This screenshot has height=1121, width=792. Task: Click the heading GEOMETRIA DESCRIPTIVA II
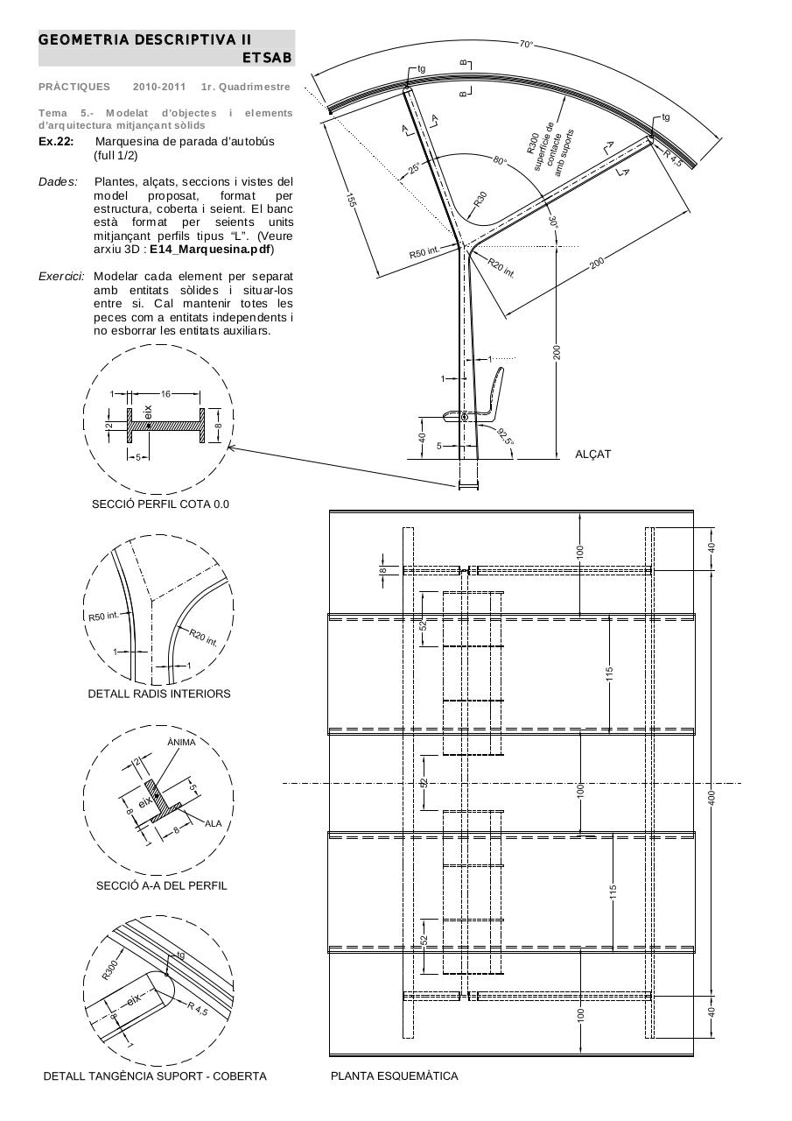click(x=144, y=39)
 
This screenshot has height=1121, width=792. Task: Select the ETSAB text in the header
click(x=268, y=57)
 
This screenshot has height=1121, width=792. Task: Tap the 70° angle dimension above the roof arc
click(x=526, y=44)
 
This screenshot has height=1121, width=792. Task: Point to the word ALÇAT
click(x=592, y=454)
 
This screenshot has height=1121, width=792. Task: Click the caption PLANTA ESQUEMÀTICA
click(x=394, y=1075)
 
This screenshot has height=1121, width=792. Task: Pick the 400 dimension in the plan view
click(x=711, y=797)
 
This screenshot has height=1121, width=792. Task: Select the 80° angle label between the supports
click(x=500, y=162)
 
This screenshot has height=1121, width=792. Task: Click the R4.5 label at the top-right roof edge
click(x=673, y=158)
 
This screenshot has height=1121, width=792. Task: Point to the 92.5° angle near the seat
click(x=505, y=436)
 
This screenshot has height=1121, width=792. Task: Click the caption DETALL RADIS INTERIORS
click(x=159, y=694)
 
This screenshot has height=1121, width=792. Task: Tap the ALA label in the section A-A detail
click(x=213, y=823)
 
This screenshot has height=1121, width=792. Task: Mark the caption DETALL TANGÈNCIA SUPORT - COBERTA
click(x=155, y=1075)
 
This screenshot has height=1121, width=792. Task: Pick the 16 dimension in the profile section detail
click(x=165, y=394)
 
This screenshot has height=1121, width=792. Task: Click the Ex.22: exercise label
click(x=56, y=142)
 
